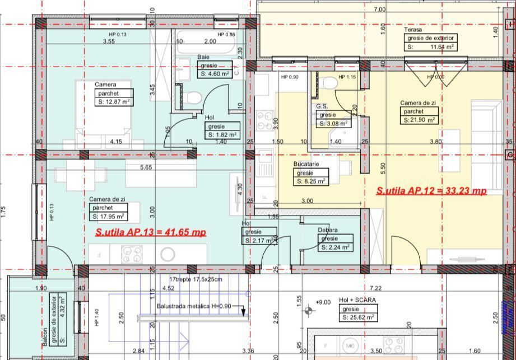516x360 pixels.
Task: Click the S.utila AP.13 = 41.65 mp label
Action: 151,232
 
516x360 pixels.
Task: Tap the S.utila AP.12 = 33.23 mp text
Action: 431,191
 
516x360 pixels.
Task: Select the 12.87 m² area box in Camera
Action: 114,102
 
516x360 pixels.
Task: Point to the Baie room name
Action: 203,57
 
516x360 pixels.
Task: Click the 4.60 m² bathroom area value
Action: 215,73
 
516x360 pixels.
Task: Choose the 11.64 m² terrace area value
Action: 432,47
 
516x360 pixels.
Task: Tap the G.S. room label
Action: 322,106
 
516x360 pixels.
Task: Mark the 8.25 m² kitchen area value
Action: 312,181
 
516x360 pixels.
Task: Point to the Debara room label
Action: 328,230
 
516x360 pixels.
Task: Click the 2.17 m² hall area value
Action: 261,241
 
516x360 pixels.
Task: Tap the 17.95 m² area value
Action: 108,216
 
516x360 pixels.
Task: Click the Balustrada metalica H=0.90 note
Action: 193,306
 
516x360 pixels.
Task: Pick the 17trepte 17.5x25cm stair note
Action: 196,279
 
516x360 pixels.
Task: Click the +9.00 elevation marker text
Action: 323,302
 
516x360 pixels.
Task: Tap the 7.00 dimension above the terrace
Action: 379,10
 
